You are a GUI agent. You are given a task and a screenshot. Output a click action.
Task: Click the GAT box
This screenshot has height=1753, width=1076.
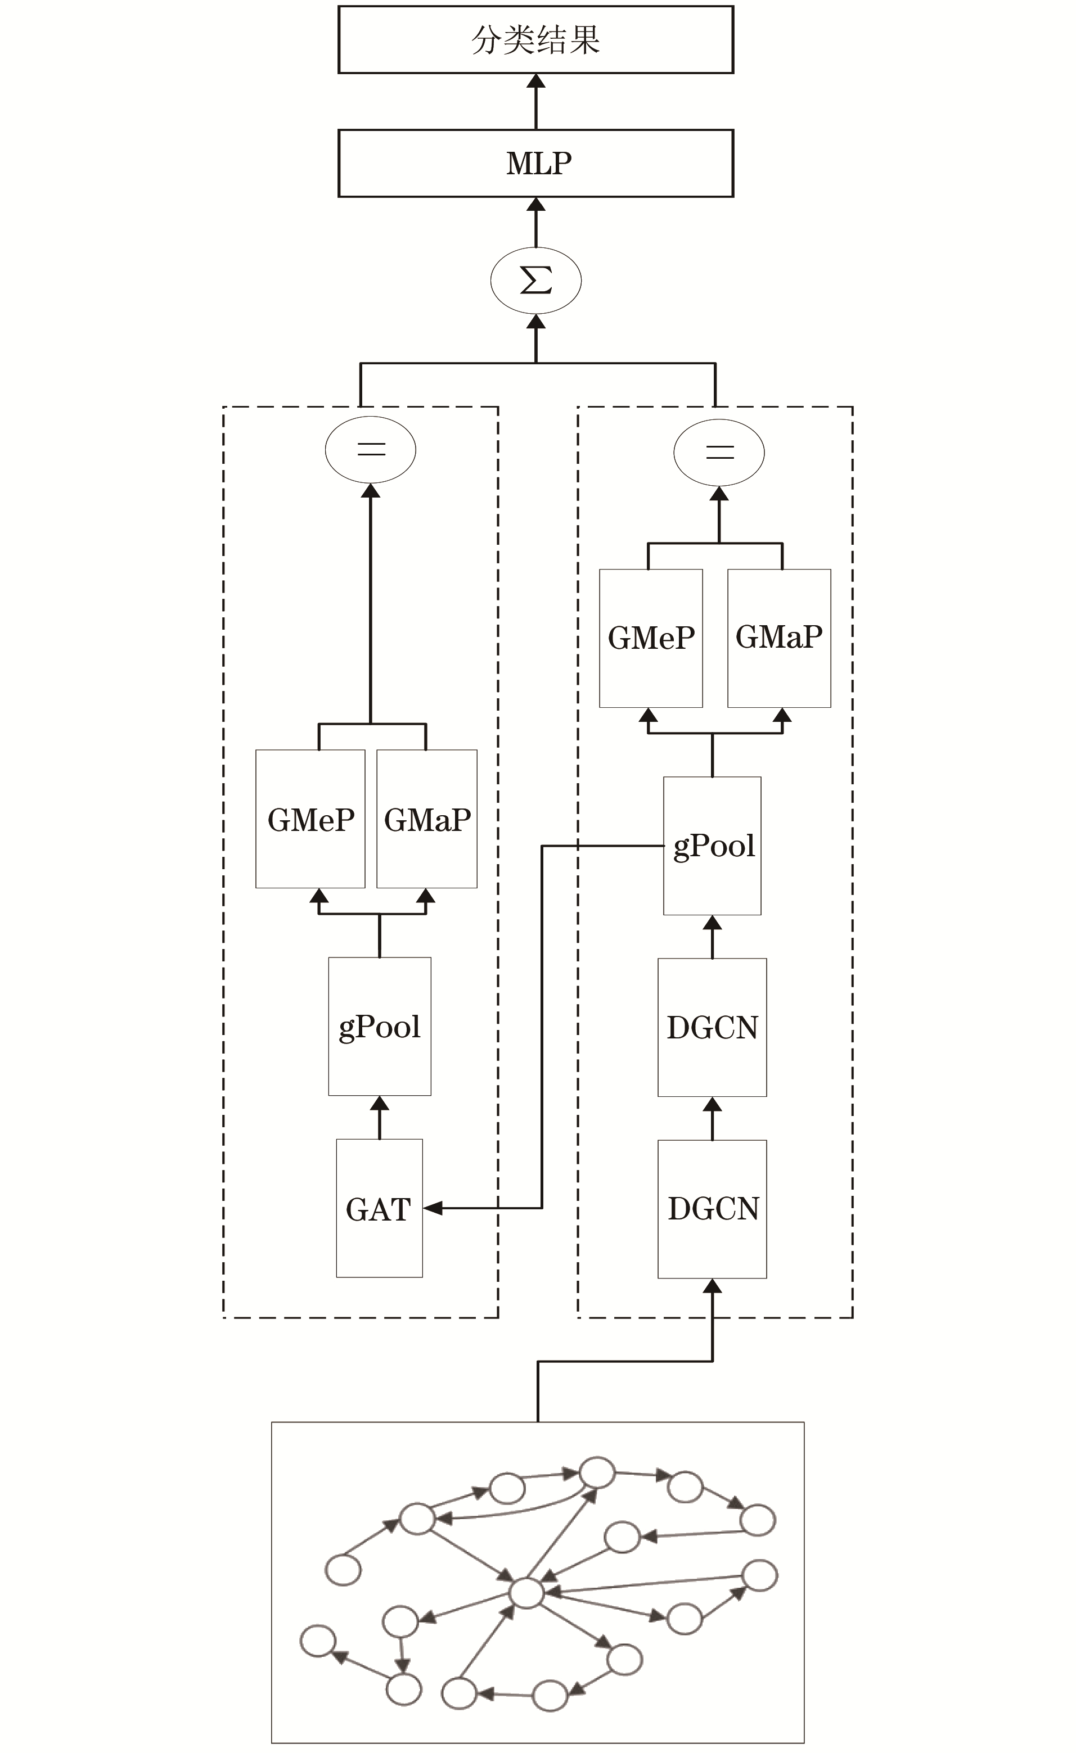coord(379,1208)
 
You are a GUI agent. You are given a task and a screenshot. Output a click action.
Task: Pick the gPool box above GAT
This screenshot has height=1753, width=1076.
coord(379,1026)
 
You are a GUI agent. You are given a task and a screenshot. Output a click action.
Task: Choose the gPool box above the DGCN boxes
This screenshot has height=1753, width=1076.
coord(712,845)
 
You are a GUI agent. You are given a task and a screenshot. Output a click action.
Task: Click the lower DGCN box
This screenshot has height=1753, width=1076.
coord(712,1209)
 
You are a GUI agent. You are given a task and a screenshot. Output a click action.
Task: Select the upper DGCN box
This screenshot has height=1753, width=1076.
coord(712,1027)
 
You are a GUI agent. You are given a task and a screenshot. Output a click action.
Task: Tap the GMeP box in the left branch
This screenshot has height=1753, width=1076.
coord(310,819)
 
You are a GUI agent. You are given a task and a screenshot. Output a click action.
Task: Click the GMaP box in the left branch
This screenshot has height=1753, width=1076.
coord(427,819)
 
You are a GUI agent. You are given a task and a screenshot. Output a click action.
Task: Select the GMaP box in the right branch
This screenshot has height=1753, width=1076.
coord(779,638)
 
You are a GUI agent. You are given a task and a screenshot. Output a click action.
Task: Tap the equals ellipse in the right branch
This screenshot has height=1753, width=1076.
coord(719,452)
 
